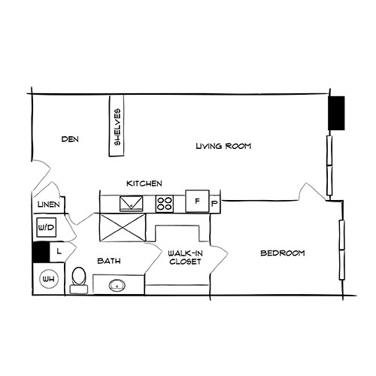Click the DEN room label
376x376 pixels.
pos(70,139)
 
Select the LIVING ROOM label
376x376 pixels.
pos(223,146)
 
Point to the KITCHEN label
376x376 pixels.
pos(144,183)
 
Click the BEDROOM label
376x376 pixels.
pos(282,253)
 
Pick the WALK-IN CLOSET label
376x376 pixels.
pos(184,258)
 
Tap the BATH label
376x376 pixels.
pos(109,262)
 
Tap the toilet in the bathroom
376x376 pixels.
pos(78,279)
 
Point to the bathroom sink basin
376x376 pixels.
pos(117,286)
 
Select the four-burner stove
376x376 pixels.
pos(164,203)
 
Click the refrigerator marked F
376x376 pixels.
pos(197,202)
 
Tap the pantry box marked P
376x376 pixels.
pos(214,203)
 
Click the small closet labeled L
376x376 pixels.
pos(58,252)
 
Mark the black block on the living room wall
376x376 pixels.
pos(337,114)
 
